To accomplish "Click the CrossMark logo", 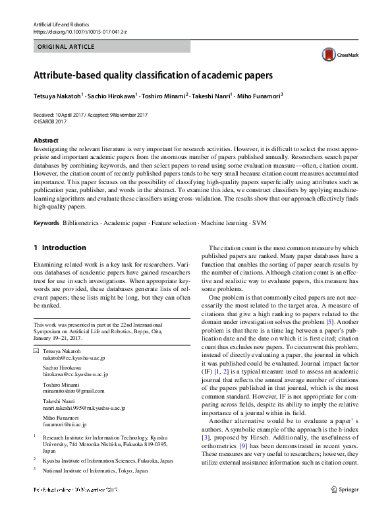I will [x=339, y=55].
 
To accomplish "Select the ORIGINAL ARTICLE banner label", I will [x=66, y=47].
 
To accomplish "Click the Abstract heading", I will [x=45, y=141].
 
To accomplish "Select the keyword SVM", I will [x=260, y=223].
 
